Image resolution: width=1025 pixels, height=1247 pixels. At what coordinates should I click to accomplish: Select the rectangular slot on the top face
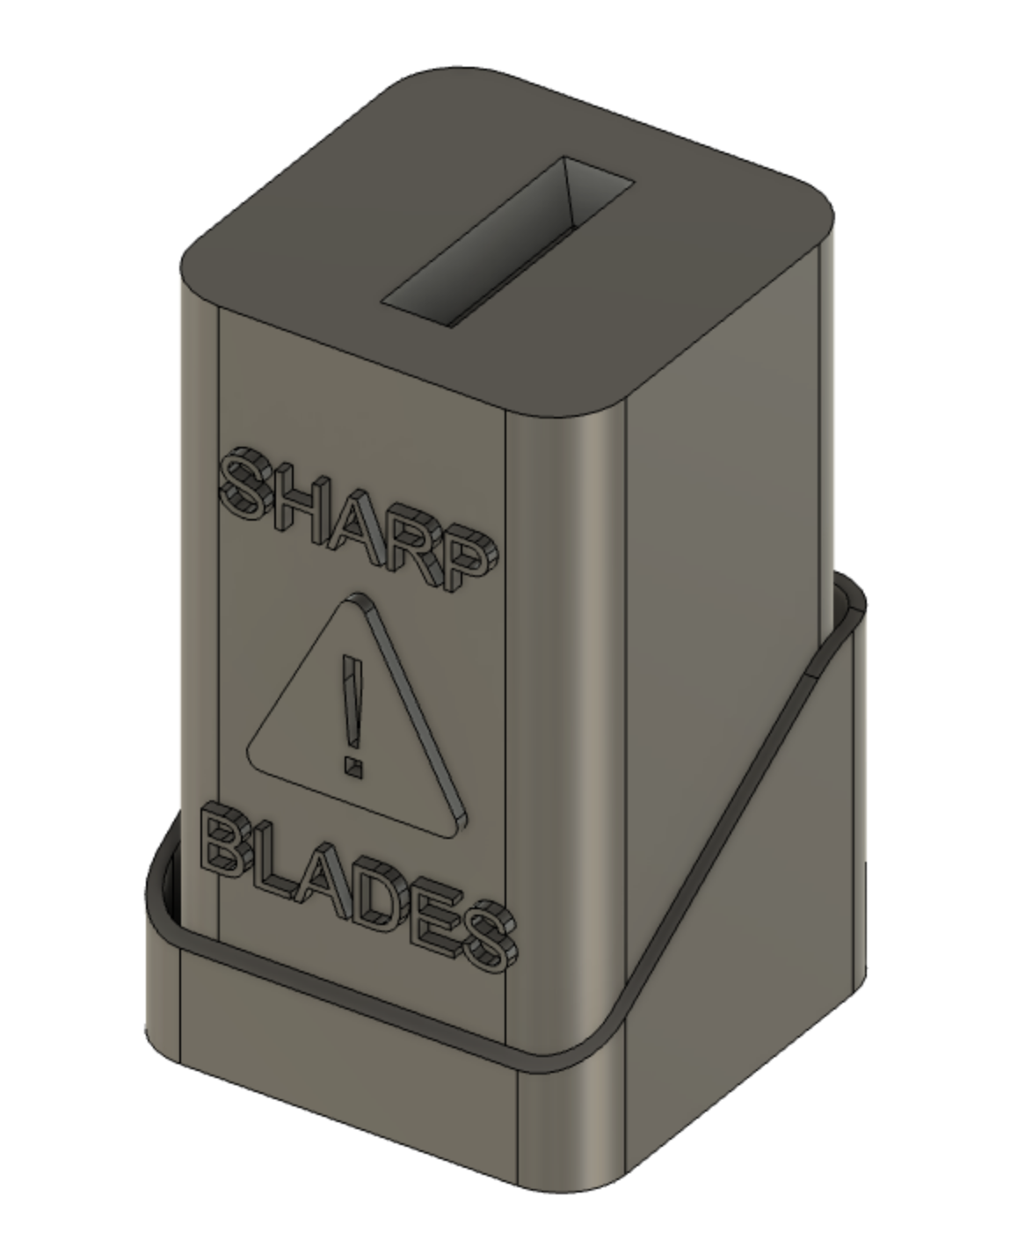(x=508, y=241)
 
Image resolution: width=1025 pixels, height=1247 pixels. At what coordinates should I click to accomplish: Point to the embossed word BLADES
(x=356, y=893)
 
